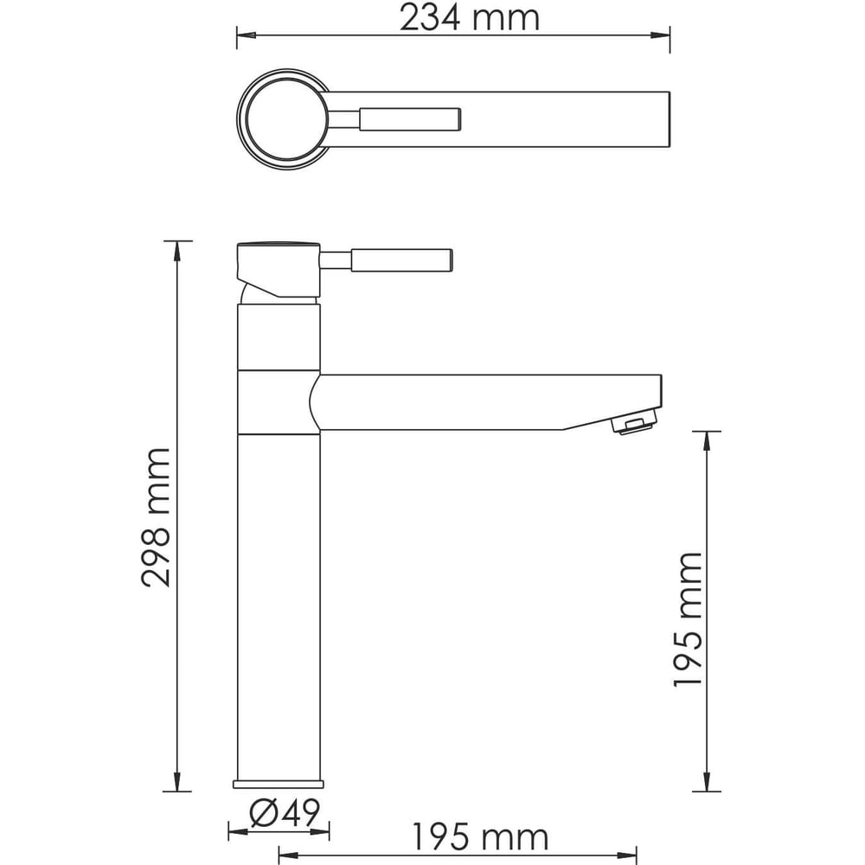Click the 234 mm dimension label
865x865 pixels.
coord(469,17)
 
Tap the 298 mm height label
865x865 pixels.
coord(156,517)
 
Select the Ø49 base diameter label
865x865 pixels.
coord(285,812)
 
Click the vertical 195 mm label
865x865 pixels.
coord(688,619)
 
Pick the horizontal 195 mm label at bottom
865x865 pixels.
coord(480,837)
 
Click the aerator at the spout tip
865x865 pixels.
coord(634,426)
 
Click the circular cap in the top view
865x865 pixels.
coord(283,119)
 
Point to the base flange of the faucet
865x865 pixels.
coord(279,784)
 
